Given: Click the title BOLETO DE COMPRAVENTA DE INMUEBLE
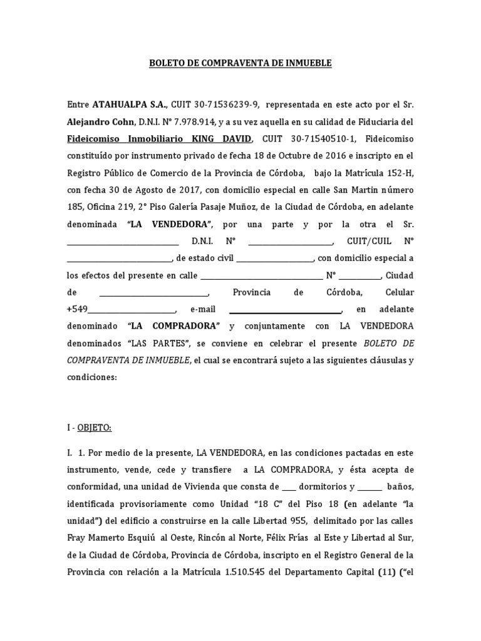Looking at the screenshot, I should coord(240,63).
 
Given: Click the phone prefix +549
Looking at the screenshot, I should coord(77,309).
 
